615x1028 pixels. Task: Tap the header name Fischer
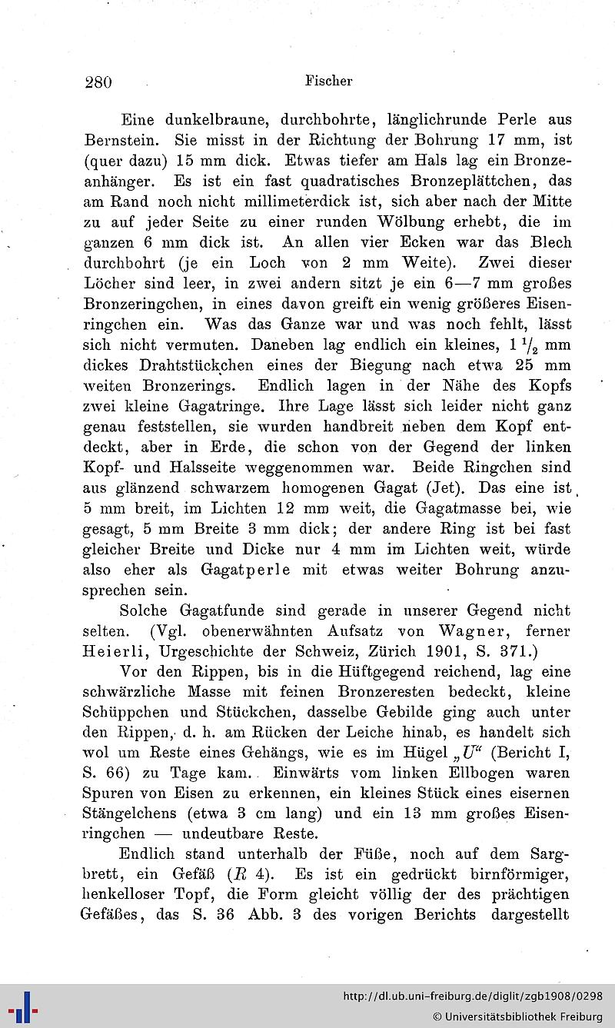(x=328, y=80)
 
